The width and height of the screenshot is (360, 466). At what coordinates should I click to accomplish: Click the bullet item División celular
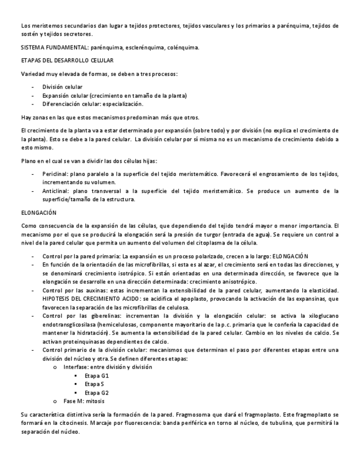click(x=63, y=87)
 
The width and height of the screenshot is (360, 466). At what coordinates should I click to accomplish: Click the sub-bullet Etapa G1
click(x=97, y=375)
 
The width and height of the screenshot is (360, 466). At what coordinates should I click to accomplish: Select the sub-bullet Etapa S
click(x=95, y=384)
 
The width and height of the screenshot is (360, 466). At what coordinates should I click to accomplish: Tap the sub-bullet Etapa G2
click(x=97, y=392)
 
